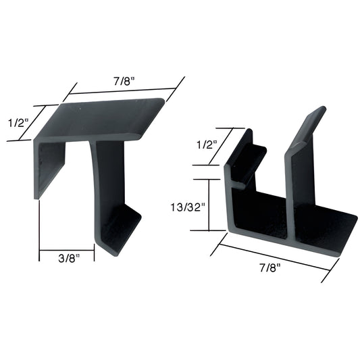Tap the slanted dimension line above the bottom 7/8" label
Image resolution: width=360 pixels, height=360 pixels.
pos(274,257)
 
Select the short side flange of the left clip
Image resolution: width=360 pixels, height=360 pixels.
pos(49,169)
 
